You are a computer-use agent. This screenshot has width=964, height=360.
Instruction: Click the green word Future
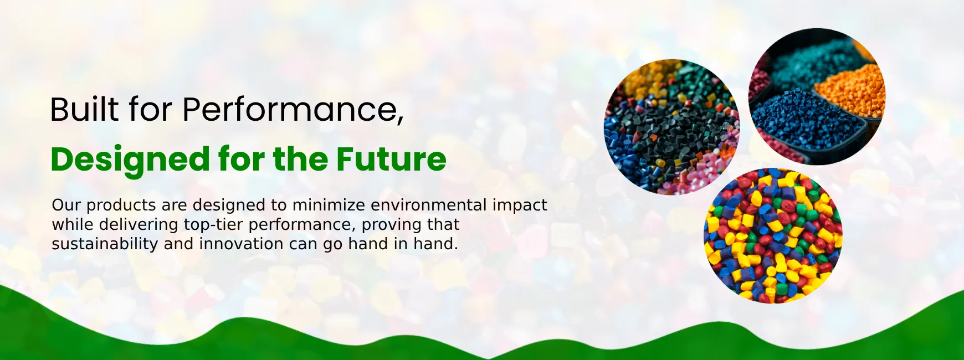click(x=391, y=160)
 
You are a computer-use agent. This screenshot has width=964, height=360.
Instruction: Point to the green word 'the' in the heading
click(x=300, y=160)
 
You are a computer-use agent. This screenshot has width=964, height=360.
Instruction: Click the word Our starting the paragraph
click(x=66, y=205)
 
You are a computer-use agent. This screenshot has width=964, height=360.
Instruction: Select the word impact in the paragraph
click(x=520, y=206)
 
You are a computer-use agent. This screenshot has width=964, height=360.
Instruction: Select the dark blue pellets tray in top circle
click(x=806, y=122)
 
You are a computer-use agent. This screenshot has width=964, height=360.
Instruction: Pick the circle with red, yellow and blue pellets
click(x=773, y=235)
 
